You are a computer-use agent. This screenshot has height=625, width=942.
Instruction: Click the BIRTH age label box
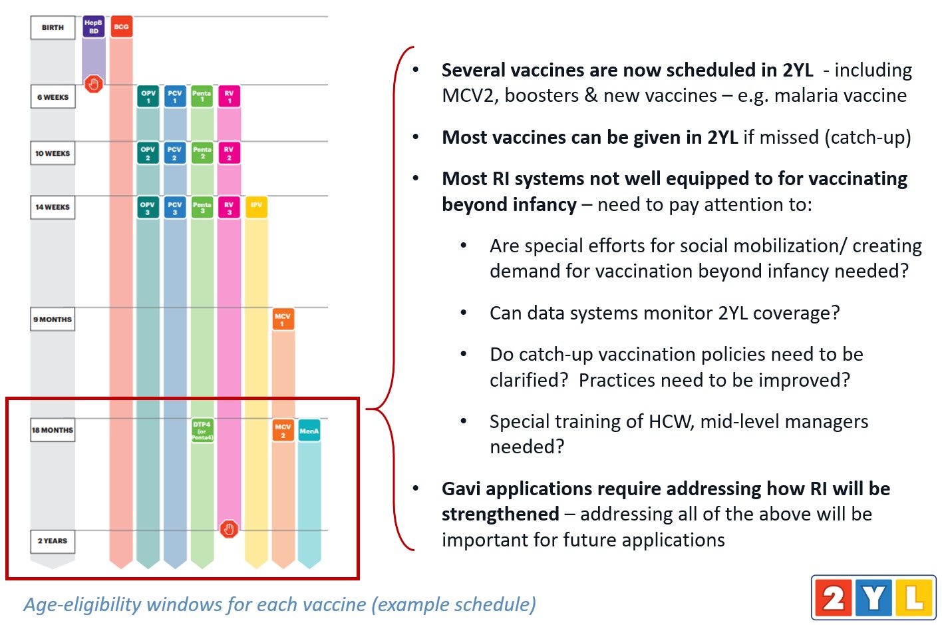(x=53, y=28)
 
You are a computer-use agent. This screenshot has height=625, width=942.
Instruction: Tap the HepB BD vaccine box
(x=94, y=27)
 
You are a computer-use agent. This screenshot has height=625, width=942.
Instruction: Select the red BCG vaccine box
(x=121, y=27)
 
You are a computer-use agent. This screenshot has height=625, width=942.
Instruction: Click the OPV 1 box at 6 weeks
(x=148, y=97)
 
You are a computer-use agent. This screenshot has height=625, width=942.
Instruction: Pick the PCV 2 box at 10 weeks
(x=175, y=153)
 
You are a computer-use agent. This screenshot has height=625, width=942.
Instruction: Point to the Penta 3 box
(x=202, y=207)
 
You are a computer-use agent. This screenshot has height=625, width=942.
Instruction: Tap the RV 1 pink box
(x=229, y=97)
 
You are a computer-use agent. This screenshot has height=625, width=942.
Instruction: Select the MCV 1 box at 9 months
(x=283, y=319)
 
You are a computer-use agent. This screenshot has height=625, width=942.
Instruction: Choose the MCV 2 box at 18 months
(x=283, y=430)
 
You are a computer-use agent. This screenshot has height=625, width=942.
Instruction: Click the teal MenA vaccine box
(x=309, y=431)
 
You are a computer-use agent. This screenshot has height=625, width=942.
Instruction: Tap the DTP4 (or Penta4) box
(x=202, y=430)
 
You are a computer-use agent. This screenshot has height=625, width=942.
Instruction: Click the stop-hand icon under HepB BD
(x=94, y=84)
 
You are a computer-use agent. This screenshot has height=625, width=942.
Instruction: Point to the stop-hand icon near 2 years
(x=229, y=529)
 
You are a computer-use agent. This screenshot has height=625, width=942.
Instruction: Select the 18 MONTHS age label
(x=53, y=430)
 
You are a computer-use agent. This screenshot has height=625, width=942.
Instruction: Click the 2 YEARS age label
(x=53, y=541)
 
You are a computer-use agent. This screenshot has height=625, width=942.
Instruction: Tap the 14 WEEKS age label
(x=53, y=207)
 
